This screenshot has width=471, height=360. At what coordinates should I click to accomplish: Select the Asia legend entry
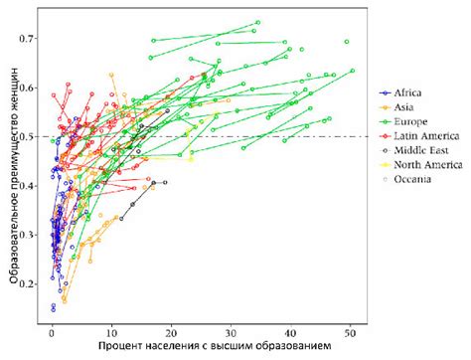pos(403,105)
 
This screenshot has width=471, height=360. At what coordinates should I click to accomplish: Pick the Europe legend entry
pos(407,120)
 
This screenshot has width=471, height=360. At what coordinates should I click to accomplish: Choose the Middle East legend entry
pos(416,150)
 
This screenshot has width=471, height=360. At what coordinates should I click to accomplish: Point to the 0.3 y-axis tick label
pos(31,235)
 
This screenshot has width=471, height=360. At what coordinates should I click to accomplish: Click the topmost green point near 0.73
pos(257,22)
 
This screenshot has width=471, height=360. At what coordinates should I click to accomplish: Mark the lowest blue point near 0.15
pos(53,309)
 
